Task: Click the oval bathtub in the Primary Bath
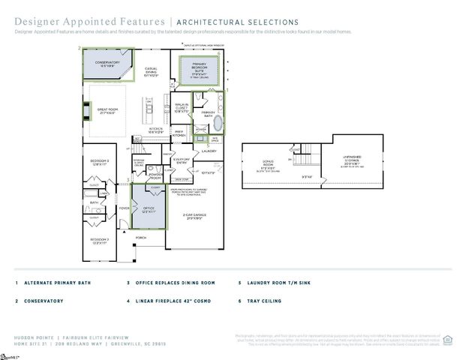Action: pyautogui.click(x=218, y=124)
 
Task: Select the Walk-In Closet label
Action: pyautogui.click(x=181, y=106)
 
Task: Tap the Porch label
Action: pyautogui.click(x=140, y=238)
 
